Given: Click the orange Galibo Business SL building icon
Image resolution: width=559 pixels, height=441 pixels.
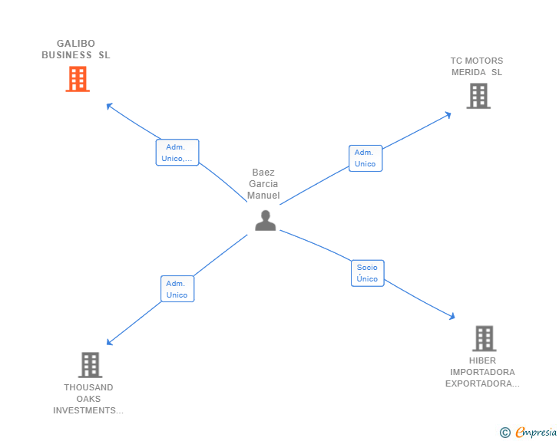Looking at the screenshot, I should (x=78, y=79).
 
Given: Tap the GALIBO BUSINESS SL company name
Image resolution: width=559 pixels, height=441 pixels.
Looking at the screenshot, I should (x=76, y=49).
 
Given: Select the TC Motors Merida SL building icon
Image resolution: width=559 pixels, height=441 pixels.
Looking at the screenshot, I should (x=478, y=96).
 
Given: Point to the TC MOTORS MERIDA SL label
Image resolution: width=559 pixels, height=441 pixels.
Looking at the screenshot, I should (x=477, y=66).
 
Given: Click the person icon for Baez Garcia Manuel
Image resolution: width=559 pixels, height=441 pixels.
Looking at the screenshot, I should (x=265, y=220).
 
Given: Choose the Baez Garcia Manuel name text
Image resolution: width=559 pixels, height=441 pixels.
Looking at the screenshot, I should (x=263, y=184).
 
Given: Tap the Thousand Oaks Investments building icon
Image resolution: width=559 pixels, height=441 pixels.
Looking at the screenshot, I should (x=90, y=365).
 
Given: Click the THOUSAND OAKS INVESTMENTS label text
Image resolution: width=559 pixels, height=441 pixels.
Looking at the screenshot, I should (x=88, y=399).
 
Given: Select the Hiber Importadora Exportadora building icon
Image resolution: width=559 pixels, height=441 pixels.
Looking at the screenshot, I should (x=484, y=338).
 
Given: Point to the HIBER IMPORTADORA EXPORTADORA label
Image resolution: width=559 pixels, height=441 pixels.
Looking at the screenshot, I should (x=482, y=372).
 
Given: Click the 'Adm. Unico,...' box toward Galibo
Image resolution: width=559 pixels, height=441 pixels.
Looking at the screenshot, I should (x=177, y=153).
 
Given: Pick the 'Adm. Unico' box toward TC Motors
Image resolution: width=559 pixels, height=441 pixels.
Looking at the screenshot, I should (x=365, y=158).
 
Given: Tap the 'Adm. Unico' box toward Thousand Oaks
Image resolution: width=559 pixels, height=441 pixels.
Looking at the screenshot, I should (x=177, y=289).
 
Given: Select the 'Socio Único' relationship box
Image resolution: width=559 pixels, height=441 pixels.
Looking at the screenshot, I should (x=367, y=273).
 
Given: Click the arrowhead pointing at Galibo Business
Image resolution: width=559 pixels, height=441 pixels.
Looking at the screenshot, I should (x=109, y=106).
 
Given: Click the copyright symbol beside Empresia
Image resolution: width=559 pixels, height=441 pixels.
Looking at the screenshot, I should (x=505, y=433).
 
